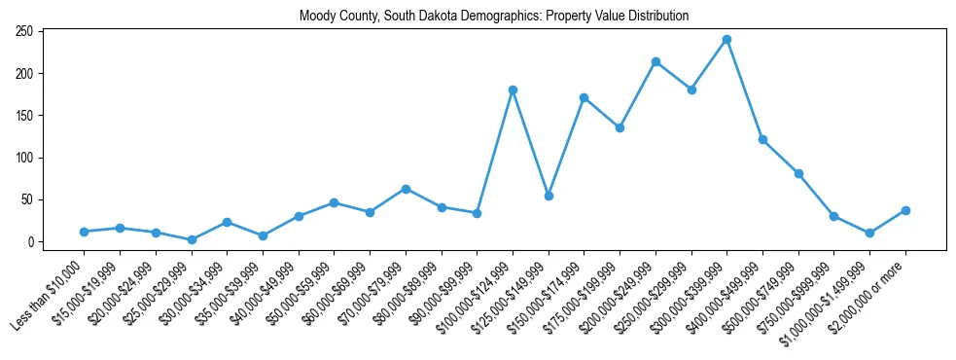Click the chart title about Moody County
494,16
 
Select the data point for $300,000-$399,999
726,40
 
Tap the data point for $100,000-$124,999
513,90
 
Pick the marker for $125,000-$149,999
549,196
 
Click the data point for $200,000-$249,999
655,62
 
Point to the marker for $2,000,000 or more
905,210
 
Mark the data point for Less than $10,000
85,232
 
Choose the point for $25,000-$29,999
192,239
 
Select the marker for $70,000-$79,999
406,189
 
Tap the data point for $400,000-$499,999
762,139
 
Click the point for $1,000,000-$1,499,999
869,233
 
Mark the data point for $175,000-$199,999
620,127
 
